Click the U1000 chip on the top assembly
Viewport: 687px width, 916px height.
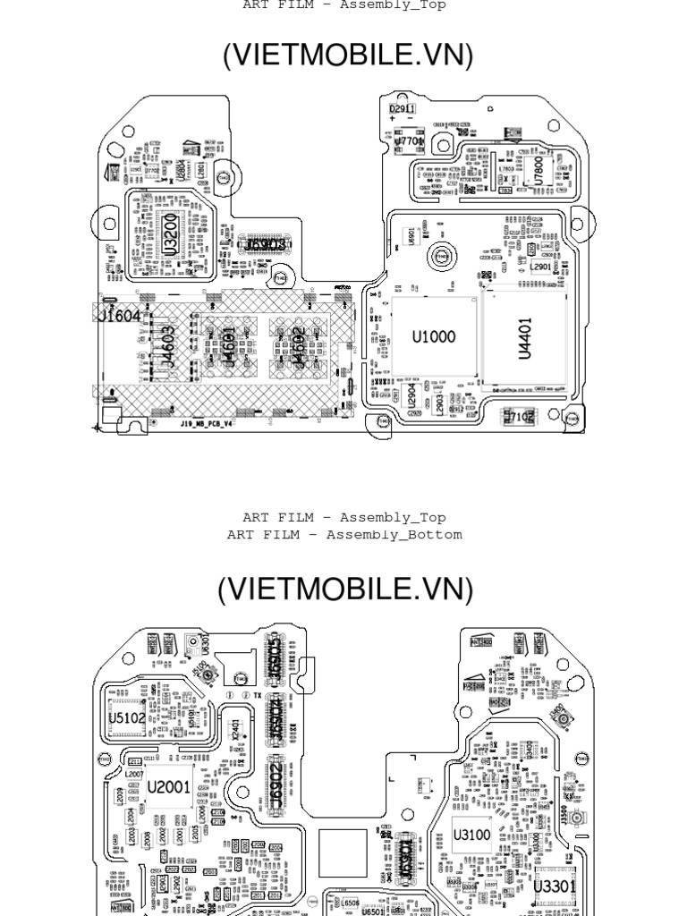[434, 337]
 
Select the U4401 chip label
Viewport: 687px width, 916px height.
[526, 337]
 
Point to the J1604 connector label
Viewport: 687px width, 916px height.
[119, 315]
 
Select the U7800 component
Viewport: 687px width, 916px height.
[538, 169]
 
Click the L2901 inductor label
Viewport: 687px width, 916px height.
[541, 266]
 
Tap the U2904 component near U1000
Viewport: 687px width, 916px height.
[412, 396]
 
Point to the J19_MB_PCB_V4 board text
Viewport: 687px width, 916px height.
[207, 421]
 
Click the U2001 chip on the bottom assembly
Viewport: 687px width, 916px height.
[168, 788]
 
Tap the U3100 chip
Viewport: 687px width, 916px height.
[472, 835]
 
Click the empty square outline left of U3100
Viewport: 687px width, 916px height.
[343, 852]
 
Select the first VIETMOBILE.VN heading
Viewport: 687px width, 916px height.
[347, 55]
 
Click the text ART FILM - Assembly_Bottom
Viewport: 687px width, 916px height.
[344, 535]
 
